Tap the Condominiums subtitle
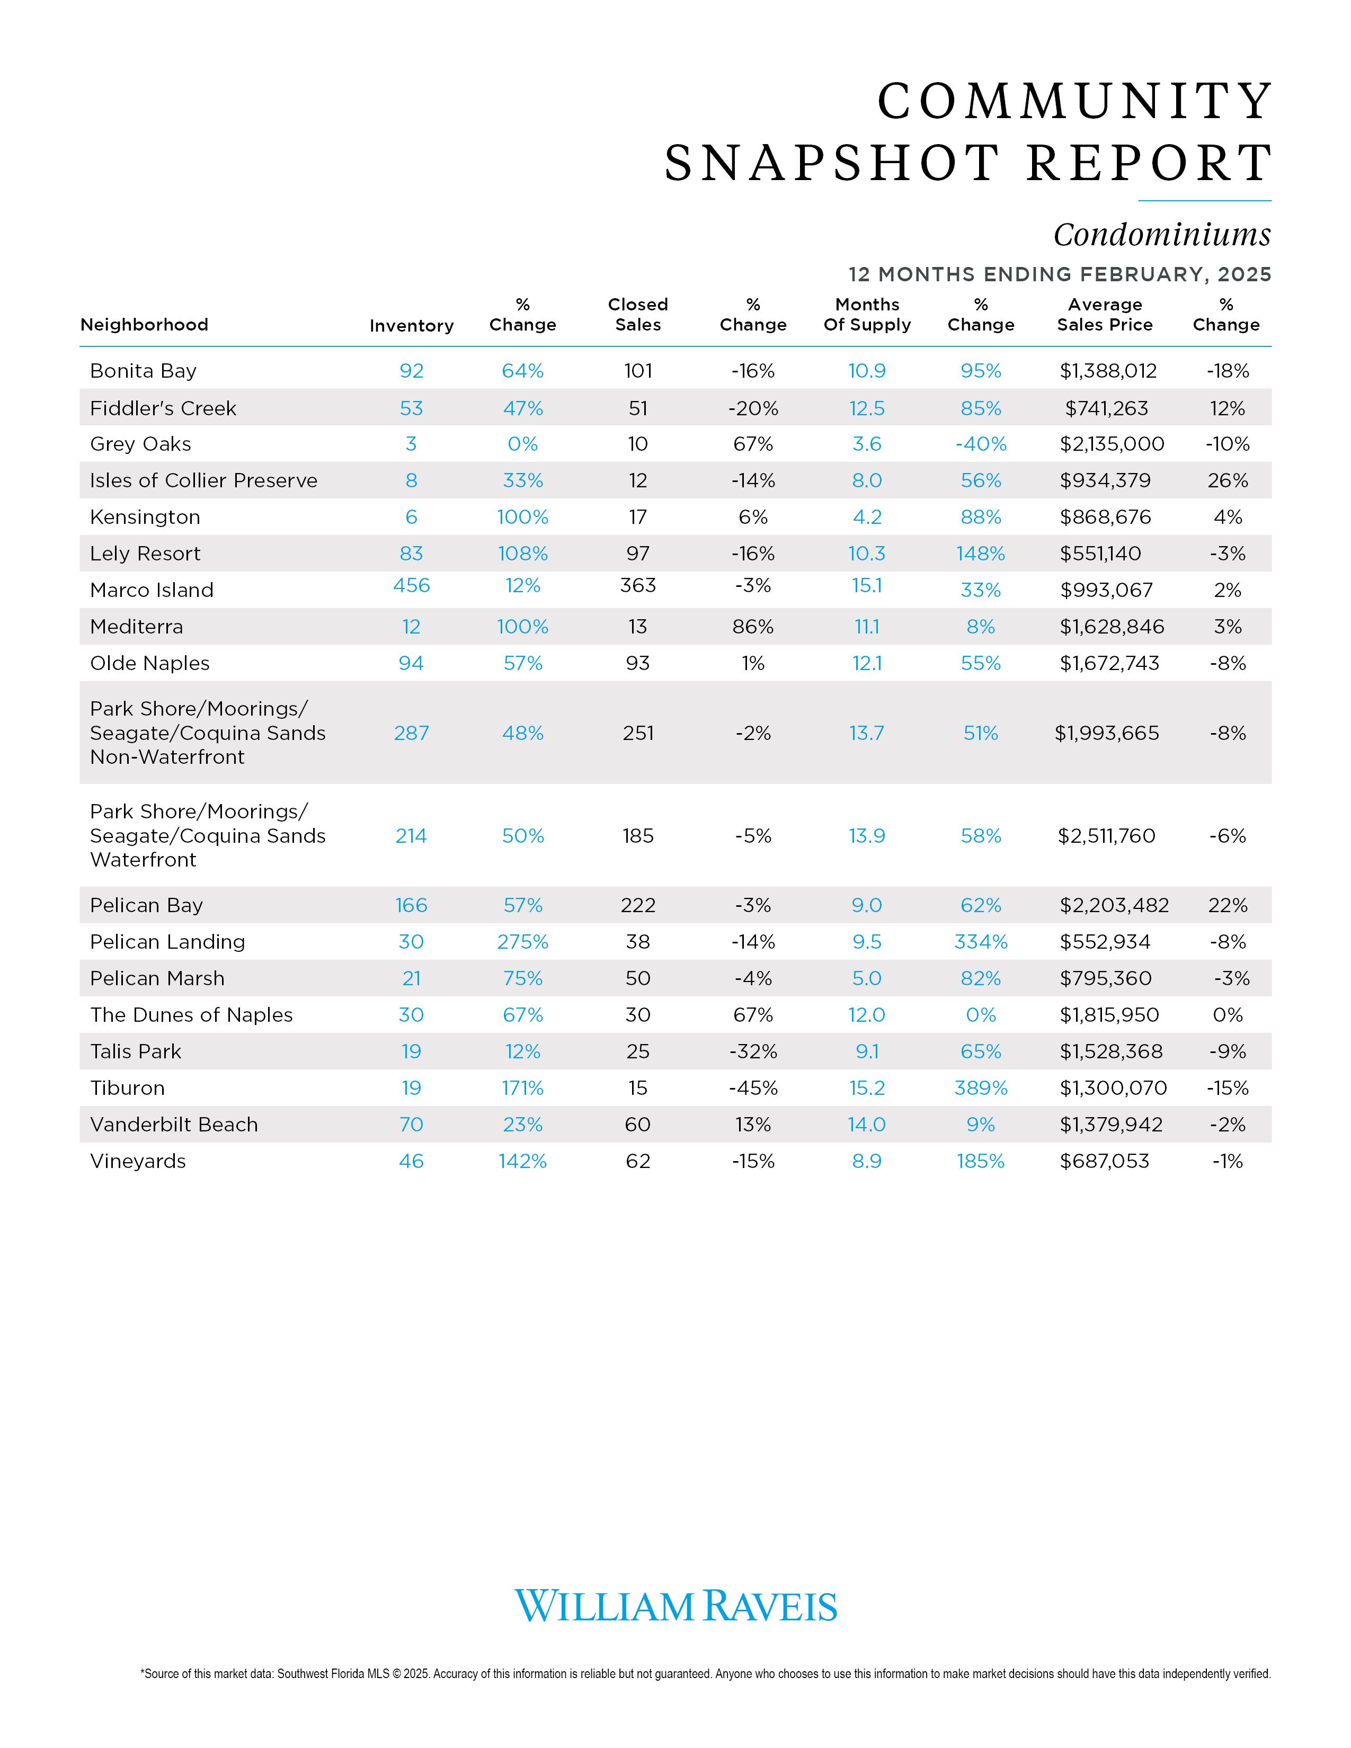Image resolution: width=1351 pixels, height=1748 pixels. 1161,235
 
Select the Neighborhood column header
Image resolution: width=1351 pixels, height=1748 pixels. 144,324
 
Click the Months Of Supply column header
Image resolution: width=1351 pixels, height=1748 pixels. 867,315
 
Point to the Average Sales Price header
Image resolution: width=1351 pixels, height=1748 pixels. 1105,315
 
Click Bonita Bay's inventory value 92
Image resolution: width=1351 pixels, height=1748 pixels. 411,371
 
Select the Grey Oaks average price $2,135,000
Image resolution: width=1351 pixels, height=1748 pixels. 1112,444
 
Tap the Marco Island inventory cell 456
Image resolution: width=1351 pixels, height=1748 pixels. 411,586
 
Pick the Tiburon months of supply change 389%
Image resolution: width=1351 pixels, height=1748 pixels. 981,1089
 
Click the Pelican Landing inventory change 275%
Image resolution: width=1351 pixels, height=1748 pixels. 522,942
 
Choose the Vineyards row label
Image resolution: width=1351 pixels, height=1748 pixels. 138,1161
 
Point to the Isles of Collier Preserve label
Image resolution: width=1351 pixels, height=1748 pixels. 203,480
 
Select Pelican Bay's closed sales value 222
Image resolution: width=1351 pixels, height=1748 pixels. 638,905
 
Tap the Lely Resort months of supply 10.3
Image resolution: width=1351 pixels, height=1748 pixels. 867,554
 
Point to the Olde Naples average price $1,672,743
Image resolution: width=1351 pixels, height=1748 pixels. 1109,664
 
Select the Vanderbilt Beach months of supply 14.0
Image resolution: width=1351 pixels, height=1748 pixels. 867,1125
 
